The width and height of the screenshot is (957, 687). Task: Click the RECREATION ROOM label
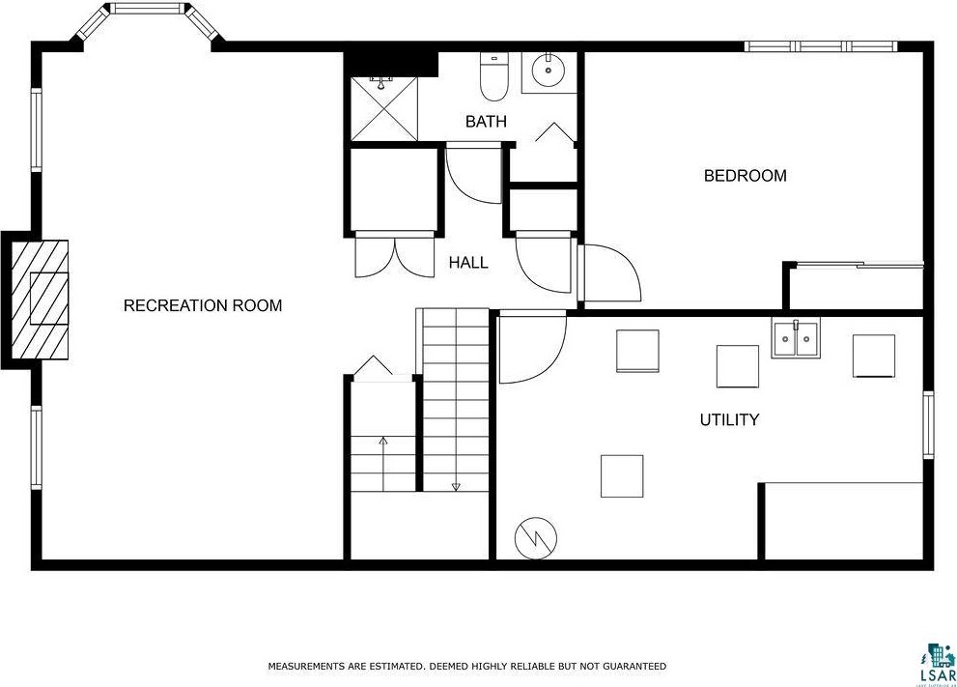(203, 305)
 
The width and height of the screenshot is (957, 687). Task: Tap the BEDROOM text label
(745, 176)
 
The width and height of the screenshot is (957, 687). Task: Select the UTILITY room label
(729, 420)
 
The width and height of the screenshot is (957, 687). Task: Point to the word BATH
(486, 122)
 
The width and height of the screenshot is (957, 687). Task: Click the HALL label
(468, 263)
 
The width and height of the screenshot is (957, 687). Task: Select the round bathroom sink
(549, 71)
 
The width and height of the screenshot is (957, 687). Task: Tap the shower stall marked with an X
(383, 108)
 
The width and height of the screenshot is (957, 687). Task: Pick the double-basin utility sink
(795, 339)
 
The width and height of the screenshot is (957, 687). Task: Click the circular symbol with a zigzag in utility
(531, 539)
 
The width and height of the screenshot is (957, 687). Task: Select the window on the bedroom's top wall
(820, 45)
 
